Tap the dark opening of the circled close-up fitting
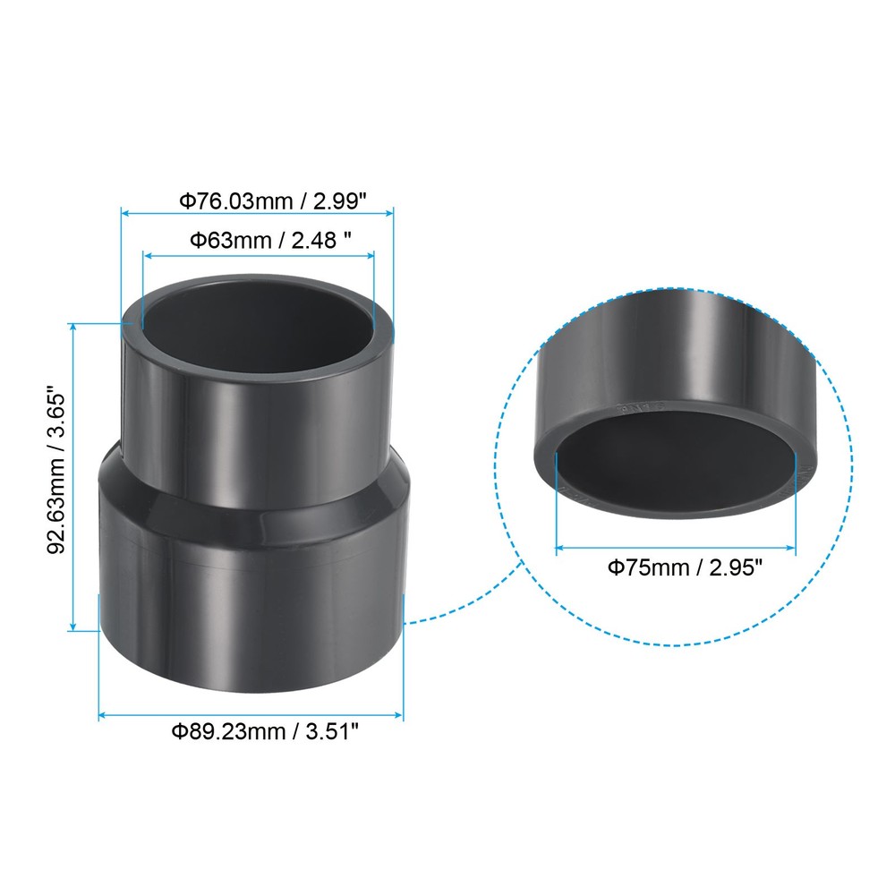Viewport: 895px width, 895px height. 676,465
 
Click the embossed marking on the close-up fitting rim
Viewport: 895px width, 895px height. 637,407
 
